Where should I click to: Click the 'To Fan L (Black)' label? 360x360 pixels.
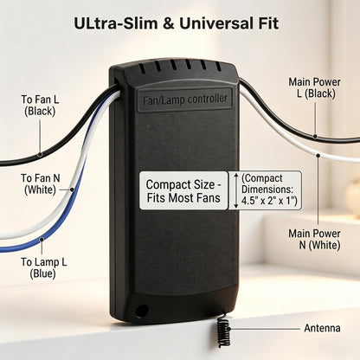pos(40,106)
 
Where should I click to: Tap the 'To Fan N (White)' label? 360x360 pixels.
pos(41,184)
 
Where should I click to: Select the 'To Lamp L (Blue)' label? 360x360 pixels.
pos(43,268)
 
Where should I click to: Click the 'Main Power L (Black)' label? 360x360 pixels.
pos(314,87)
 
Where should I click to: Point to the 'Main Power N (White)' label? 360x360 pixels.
pos(314,240)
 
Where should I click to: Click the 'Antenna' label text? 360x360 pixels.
pos(322,328)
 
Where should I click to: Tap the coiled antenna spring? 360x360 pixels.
pos(223,331)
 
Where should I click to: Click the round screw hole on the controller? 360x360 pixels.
pos(141,311)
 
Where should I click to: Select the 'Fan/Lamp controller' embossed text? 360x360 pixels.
pos(185,100)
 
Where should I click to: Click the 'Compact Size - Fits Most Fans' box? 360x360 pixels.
pos(183,190)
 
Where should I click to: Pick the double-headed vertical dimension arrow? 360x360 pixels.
pos(236,190)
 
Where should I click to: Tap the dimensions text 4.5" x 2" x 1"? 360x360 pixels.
pos(269,201)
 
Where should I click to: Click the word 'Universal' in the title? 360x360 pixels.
pos(219,23)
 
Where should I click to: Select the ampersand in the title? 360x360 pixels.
pos(169,23)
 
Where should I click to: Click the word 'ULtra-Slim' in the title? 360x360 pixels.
pos(116,23)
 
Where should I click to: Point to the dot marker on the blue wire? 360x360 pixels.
pos(42,240)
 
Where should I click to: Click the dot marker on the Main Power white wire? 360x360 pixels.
pos(318,156)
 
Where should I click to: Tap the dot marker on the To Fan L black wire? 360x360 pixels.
pos(40,154)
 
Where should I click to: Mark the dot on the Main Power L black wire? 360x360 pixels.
pos(315,136)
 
